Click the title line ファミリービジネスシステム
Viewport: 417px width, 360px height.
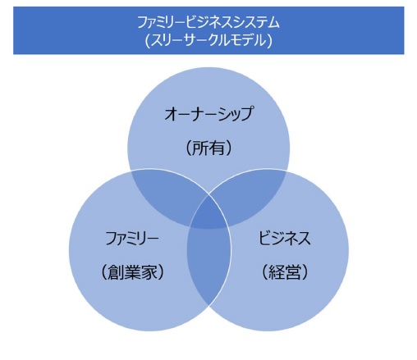pos(208,22)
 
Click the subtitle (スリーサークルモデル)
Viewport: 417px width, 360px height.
pos(208,41)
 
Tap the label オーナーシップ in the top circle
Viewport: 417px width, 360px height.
pos(208,114)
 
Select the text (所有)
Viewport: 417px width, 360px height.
pos(208,148)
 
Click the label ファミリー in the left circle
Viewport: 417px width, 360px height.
pos(132,238)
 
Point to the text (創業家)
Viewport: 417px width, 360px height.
pos(132,272)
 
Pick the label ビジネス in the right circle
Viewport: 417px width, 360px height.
pos(285,238)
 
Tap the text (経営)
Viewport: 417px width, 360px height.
pos(285,272)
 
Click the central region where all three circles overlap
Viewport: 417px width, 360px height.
pos(208,215)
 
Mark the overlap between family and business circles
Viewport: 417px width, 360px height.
pos(208,265)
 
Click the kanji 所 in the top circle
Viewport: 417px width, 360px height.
pos(201,148)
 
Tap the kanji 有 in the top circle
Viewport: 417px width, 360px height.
pos(218,148)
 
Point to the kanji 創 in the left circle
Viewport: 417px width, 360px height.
pos(116,272)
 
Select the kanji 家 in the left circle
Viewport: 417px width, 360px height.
pos(149,272)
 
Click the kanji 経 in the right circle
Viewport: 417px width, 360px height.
pos(277,272)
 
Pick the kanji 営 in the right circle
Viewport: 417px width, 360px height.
pos(293,272)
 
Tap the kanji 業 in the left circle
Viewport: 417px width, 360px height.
pos(132,272)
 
